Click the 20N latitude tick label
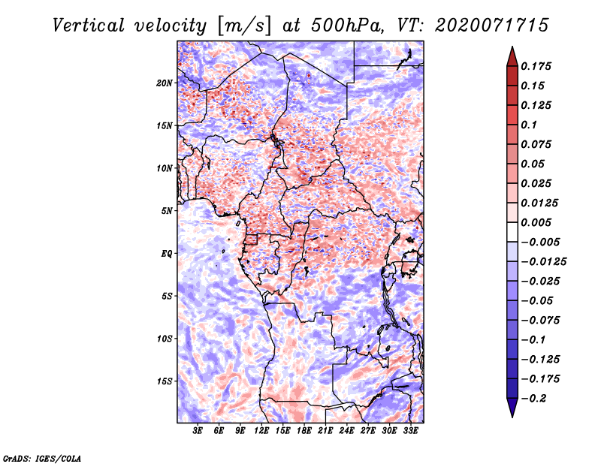[164, 83]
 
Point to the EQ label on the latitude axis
[166, 254]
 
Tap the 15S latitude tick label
[164, 381]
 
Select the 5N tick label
[166, 211]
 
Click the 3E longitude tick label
[198, 431]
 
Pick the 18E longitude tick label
[304, 431]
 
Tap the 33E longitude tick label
[410, 431]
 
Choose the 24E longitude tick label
[346, 431]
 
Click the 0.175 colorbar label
[536, 66]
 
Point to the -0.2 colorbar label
[533, 399]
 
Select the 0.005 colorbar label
[536, 222]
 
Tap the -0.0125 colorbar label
[543, 262]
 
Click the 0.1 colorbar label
[529, 125]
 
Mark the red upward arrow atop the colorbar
[512, 56]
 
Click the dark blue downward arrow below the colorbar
[512, 408]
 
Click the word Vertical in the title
[89, 26]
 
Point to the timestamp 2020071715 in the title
[492, 26]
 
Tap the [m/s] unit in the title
[244, 26]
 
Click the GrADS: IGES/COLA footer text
[42, 459]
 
